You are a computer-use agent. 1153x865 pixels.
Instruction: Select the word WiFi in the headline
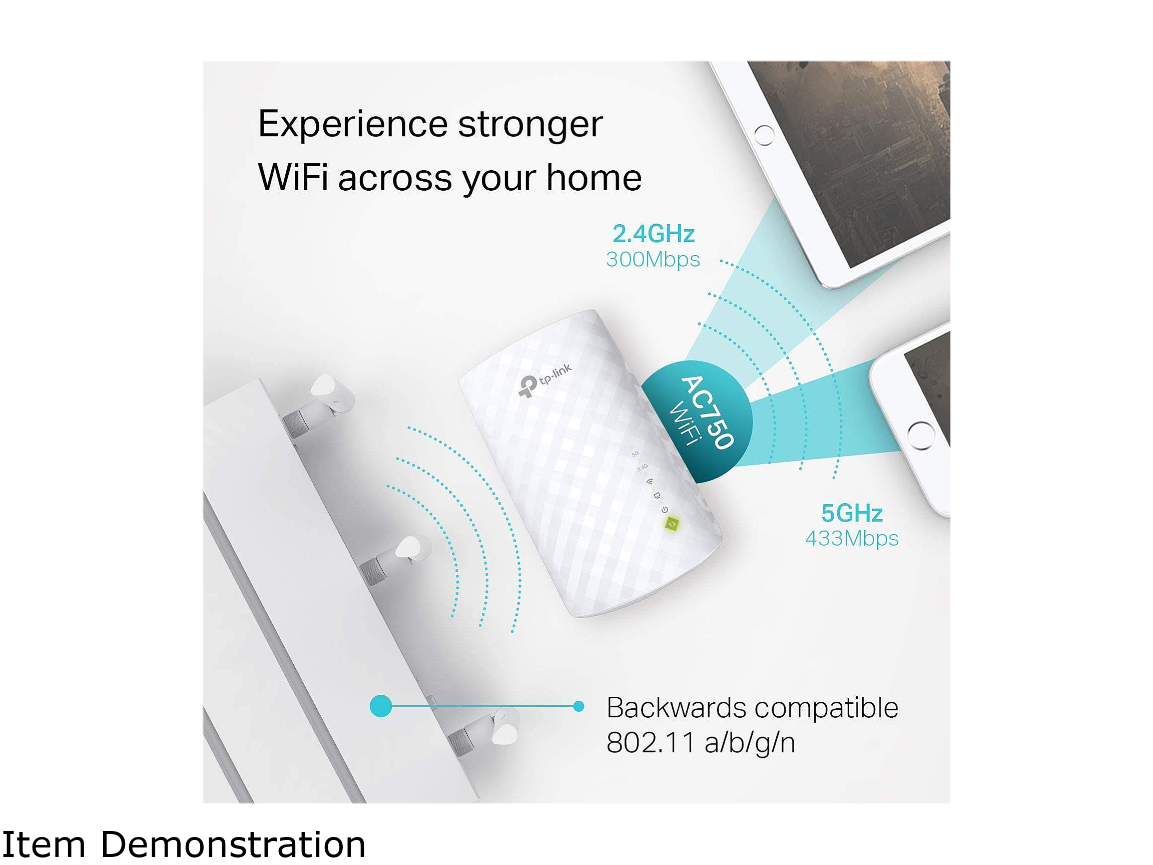293,177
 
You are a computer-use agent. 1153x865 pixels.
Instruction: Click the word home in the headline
594,177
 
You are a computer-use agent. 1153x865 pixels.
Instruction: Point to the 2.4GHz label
654,234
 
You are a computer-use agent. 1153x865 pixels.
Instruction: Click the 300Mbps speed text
653,260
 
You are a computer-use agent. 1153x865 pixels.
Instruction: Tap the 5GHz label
852,514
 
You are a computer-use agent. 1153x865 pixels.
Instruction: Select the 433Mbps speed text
852,539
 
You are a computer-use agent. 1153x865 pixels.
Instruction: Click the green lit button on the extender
672,524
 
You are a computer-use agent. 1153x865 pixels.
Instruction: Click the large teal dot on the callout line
381,706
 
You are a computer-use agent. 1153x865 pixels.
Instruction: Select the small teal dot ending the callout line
579,706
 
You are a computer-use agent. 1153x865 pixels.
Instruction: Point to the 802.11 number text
651,743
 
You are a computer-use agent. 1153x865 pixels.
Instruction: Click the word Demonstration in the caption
233,844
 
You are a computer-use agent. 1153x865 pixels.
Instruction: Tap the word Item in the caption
44,844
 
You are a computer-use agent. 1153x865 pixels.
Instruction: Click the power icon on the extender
665,510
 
